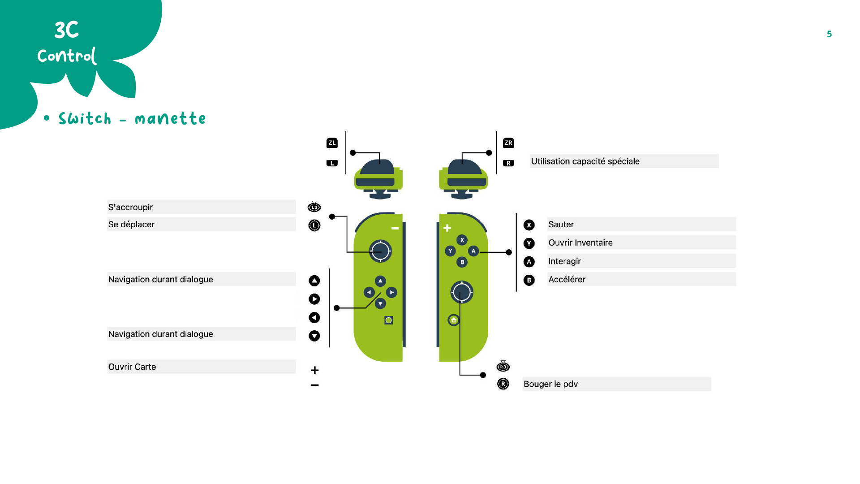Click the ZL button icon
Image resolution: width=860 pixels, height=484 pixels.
[x=331, y=143]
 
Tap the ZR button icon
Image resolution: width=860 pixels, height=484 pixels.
[x=508, y=143]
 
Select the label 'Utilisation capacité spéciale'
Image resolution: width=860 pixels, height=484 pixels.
[x=585, y=161]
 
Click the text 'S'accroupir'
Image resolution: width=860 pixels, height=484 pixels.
[x=130, y=207]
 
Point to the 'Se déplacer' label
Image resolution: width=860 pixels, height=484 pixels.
[x=131, y=224]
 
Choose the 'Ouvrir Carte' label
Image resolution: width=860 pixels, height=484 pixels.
[x=132, y=367]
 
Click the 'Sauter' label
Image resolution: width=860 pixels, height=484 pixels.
[x=561, y=224]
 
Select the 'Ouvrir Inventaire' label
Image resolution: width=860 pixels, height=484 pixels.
[x=580, y=242]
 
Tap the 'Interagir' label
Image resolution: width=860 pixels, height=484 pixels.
[x=564, y=261]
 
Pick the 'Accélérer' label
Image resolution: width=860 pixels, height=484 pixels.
[x=567, y=279]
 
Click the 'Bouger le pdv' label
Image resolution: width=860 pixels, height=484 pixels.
[x=550, y=384]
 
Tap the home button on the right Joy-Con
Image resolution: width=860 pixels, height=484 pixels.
[x=454, y=320]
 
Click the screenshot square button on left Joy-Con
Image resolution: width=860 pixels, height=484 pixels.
[x=388, y=320]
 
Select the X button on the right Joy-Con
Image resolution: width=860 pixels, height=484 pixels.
[x=462, y=240]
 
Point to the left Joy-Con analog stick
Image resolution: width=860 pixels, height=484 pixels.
[x=380, y=251]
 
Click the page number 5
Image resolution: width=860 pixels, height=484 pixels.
[x=829, y=34]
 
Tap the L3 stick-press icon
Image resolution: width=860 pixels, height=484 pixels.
[x=314, y=207]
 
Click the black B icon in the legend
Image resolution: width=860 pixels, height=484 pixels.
[x=529, y=280]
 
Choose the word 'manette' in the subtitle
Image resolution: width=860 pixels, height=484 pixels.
[x=170, y=119]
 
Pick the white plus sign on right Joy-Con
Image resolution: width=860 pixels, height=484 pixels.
[x=447, y=228]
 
